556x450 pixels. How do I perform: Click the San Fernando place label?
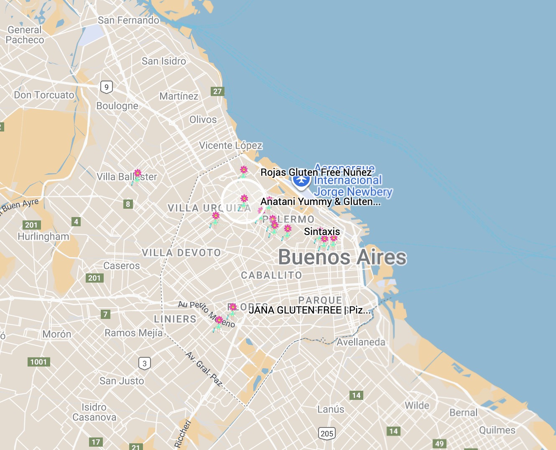tap(128, 20)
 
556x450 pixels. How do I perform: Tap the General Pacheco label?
tap(25, 35)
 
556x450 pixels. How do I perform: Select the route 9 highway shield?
tap(107, 87)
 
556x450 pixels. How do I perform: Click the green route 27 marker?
tap(217, 91)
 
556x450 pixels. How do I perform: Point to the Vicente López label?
tap(230, 145)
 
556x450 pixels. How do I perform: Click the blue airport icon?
tap(301, 180)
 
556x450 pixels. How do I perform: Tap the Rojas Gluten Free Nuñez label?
tap(316, 172)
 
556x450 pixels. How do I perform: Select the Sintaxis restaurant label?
tap(322, 232)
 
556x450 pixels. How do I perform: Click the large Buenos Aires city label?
tap(342, 257)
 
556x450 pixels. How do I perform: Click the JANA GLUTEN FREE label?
tap(309, 310)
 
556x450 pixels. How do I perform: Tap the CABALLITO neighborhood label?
tap(271, 275)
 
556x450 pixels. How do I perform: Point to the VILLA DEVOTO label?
tap(181, 253)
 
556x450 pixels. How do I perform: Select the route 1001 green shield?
tap(38, 362)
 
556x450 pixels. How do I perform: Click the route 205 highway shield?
tap(326, 433)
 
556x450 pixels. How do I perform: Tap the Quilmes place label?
tap(497, 430)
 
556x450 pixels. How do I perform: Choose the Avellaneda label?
tap(361, 342)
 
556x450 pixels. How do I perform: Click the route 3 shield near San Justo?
tap(145, 363)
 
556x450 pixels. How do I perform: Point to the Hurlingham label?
tap(43, 236)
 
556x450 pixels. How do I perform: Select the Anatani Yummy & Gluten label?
tap(320, 202)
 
